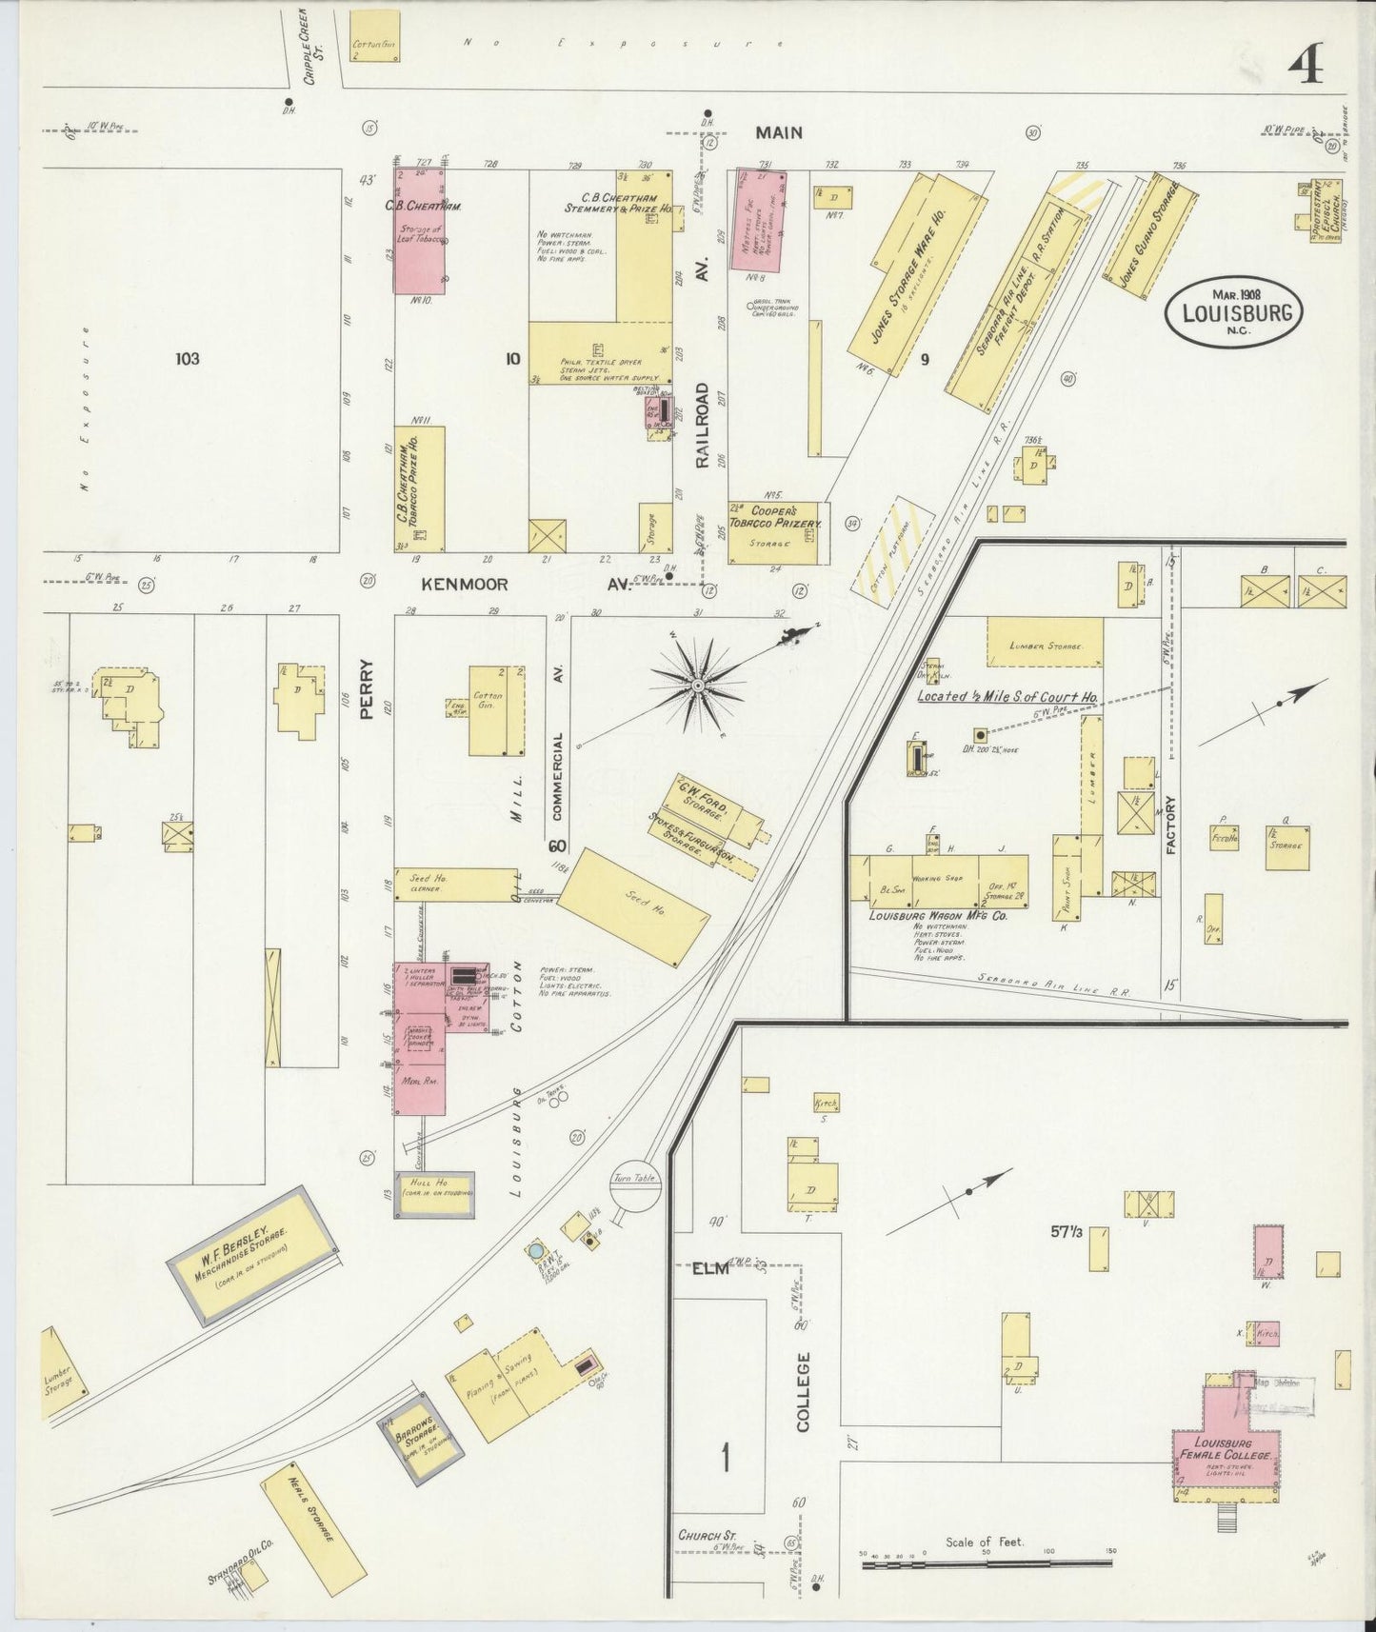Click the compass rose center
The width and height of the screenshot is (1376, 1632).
(698, 685)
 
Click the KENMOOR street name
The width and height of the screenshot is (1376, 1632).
(452, 584)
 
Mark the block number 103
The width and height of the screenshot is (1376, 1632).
(188, 359)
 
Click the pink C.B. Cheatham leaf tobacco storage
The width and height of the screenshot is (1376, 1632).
(419, 230)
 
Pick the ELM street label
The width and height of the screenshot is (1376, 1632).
(709, 1268)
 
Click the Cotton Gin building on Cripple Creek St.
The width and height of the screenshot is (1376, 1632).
(374, 37)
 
